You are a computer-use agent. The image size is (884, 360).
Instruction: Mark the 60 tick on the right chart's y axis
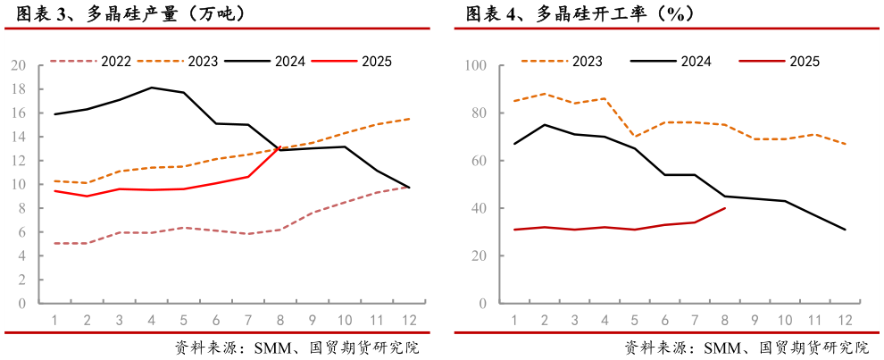click(x=478, y=161)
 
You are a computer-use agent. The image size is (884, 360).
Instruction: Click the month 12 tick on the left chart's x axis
click(x=410, y=320)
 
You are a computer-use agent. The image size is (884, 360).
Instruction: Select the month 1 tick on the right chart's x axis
click(x=514, y=320)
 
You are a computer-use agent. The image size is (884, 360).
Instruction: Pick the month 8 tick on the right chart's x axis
click(x=725, y=320)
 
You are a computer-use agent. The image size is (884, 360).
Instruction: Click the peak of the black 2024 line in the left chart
click(x=152, y=88)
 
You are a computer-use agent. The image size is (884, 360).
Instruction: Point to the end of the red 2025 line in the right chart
click(x=725, y=208)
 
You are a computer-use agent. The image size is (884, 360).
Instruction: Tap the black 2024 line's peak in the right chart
click(x=545, y=125)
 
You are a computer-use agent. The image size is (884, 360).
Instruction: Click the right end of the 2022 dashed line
click(x=410, y=187)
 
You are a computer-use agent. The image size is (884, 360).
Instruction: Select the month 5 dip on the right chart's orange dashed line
click(x=635, y=137)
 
